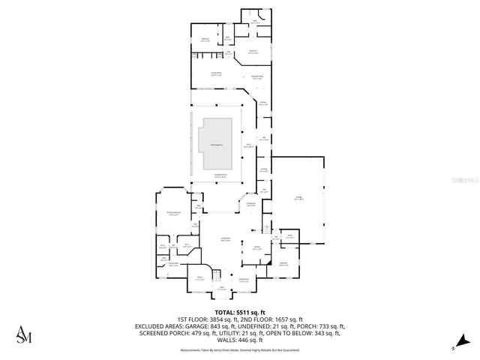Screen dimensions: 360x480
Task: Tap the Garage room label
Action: (x=298, y=199)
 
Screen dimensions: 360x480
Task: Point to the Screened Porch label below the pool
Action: (x=220, y=176)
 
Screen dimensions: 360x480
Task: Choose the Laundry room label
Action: (x=263, y=170)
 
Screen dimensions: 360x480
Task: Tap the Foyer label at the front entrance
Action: (x=221, y=287)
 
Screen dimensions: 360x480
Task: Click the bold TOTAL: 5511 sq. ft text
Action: (x=240, y=312)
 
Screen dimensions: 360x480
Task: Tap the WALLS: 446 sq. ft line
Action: (x=240, y=340)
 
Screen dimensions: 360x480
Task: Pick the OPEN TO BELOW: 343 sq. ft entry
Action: (x=310, y=333)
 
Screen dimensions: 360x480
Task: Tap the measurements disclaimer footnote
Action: (x=240, y=349)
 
